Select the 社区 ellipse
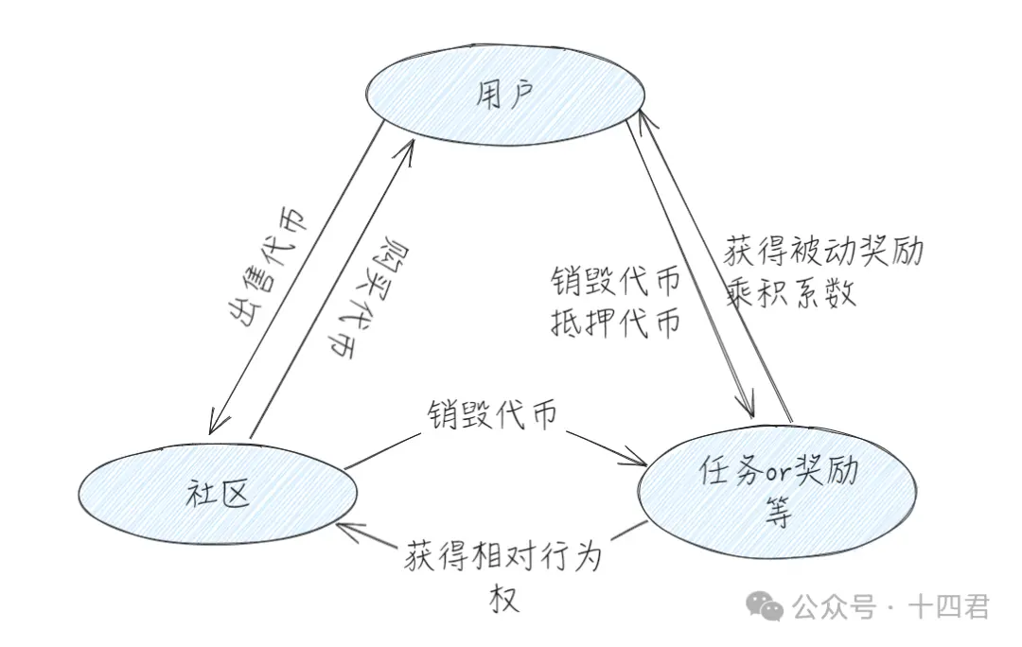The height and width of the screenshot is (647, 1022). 219,495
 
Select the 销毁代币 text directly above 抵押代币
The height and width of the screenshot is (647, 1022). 615,282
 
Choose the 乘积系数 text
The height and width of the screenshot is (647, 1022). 791,292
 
